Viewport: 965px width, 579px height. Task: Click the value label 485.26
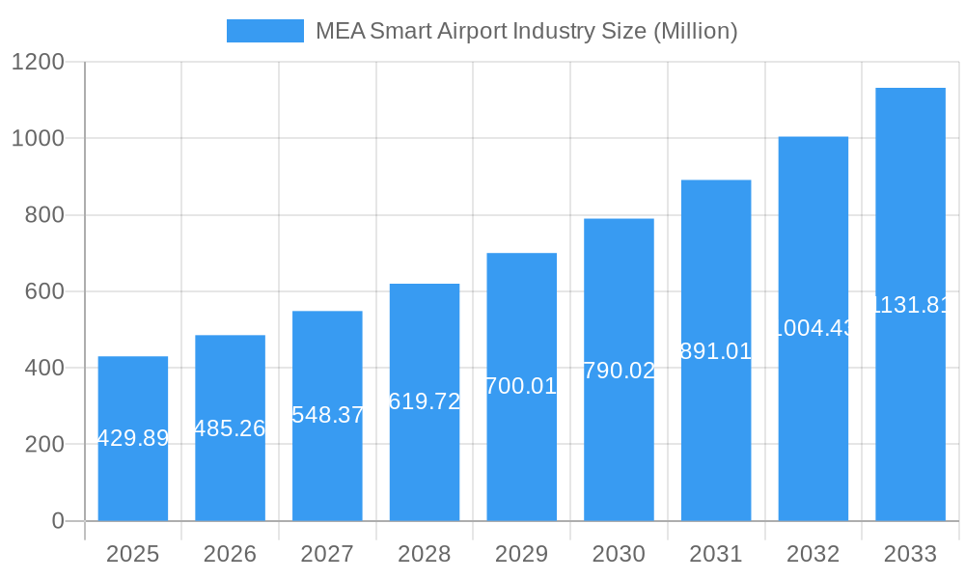(x=230, y=428)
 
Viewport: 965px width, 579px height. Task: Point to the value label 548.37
(x=327, y=415)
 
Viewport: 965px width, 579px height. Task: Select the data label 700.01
(x=521, y=386)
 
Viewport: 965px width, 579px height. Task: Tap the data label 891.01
(x=716, y=351)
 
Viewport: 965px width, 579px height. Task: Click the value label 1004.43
(x=813, y=328)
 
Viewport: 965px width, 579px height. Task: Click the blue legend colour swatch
(x=264, y=31)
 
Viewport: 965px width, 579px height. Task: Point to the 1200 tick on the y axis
(x=38, y=62)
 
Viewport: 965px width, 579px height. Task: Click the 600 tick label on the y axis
(x=44, y=291)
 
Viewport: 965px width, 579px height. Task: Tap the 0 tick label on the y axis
(x=57, y=521)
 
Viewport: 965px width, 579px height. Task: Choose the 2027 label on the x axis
(x=327, y=554)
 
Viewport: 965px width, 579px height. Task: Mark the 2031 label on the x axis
(x=716, y=554)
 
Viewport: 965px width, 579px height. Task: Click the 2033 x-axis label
(x=910, y=554)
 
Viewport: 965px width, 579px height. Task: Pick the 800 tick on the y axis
(x=44, y=215)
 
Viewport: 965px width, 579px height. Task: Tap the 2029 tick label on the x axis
(x=521, y=554)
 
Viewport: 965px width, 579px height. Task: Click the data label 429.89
(x=133, y=438)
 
